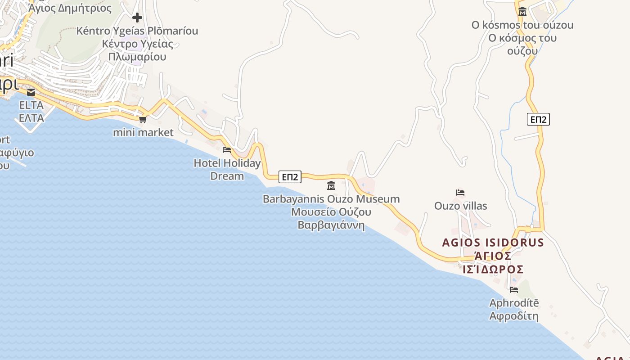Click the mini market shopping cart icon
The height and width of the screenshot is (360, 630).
pos(143,119)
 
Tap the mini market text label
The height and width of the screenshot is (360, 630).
pos(143,132)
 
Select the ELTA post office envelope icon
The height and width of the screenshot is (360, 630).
pos(31,92)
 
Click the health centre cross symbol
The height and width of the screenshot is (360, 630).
pos(137,18)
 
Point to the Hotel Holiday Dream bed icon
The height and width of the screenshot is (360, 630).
pos(227,150)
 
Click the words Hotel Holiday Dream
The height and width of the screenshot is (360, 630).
pos(227,169)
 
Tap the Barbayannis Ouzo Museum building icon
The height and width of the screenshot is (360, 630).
pos(331,185)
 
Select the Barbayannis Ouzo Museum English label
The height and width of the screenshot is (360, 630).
pos(331,199)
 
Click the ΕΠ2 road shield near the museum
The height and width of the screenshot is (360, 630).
pos(290,177)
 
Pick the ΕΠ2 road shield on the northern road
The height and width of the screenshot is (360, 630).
pos(538,119)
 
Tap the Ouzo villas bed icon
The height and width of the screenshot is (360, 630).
pos(460,193)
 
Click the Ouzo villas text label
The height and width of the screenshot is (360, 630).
pos(460,206)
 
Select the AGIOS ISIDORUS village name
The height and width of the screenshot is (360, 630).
pos(493,243)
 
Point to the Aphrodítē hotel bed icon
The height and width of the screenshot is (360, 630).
pos(514,290)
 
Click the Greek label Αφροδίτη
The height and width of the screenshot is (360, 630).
pos(514,316)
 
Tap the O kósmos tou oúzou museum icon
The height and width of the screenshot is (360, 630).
pos(522,12)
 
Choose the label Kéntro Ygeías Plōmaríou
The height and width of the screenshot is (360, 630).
pos(137,31)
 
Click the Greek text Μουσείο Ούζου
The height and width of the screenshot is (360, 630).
pos(331,212)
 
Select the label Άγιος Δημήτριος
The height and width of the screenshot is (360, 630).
pos(70,8)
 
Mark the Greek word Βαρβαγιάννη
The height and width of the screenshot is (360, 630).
pos(331,225)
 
